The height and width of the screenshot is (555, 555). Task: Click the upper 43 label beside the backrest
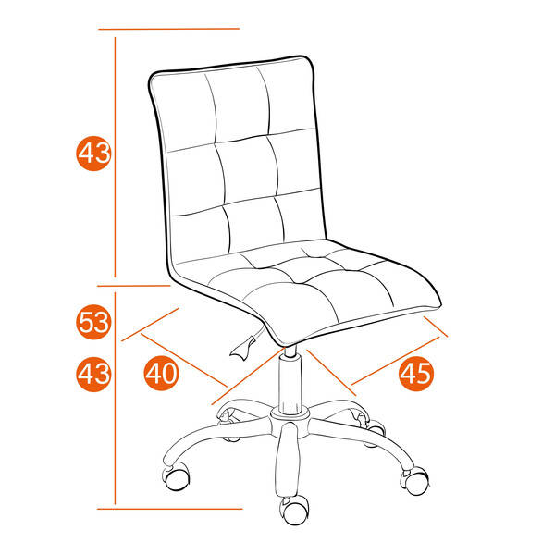coord(93,153)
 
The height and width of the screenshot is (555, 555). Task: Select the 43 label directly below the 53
coord(93,374)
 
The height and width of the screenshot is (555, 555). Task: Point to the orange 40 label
coord(162,373)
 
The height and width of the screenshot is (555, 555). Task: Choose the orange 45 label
coord(416,373)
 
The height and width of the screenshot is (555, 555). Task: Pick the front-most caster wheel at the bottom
coord(294,508)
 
